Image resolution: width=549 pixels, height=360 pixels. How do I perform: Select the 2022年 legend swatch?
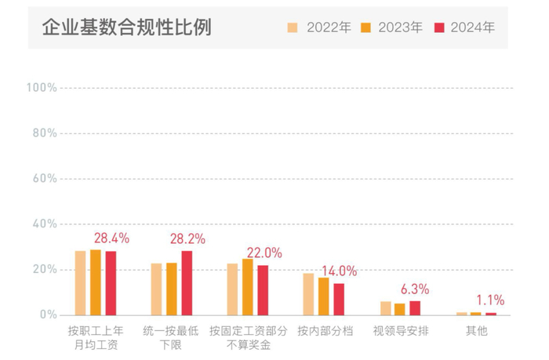[293, 27]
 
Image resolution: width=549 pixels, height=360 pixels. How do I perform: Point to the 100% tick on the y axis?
[41, 88]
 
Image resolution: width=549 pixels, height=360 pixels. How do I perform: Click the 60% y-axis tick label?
[43, 179]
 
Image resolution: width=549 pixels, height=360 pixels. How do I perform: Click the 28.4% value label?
[111, 238]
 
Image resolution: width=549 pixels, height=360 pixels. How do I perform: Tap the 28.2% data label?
[187, 238]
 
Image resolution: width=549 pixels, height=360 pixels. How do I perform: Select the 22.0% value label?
[264, 253]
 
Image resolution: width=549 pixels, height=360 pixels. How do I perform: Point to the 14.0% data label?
[339, 271]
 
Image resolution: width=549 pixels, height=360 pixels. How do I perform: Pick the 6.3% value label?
[414, 289]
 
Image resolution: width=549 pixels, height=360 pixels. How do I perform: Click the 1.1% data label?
[490, 300]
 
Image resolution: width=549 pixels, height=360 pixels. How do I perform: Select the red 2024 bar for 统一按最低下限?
[187, 283]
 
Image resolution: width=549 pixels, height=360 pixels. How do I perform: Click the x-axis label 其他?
[476, 331]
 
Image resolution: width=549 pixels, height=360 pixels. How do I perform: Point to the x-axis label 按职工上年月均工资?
[96, 338]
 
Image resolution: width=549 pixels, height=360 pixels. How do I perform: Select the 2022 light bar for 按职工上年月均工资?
[80, 283]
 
